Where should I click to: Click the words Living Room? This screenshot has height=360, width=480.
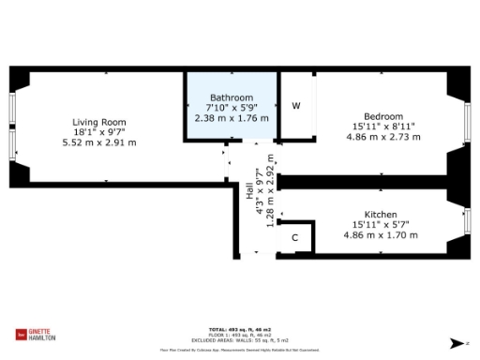(99, 122)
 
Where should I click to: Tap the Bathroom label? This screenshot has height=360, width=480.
(231, 97)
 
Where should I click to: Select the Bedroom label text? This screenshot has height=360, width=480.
(384, 116)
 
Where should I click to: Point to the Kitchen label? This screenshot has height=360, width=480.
(381, 215)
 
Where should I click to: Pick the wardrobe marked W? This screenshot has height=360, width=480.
(295, 105)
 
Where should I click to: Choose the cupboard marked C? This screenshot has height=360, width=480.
(294, 238)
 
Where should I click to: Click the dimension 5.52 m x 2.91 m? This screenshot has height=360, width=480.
(99, 142)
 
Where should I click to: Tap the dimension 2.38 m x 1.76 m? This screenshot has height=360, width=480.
(231, 118)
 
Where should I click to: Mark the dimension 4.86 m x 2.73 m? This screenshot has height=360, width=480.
(384, 137)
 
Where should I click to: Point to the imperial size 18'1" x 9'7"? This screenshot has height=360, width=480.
(99, 132)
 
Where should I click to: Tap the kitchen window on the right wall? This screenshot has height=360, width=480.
(468, 222)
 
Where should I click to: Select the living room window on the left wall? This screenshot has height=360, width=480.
(11, 130)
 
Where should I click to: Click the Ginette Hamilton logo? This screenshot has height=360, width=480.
(37, 335)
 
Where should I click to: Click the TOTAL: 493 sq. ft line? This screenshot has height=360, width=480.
(239, 329)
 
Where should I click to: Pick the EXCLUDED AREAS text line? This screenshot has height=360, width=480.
(239, 339)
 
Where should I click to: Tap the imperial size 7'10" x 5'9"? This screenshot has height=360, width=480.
(231, 108)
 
